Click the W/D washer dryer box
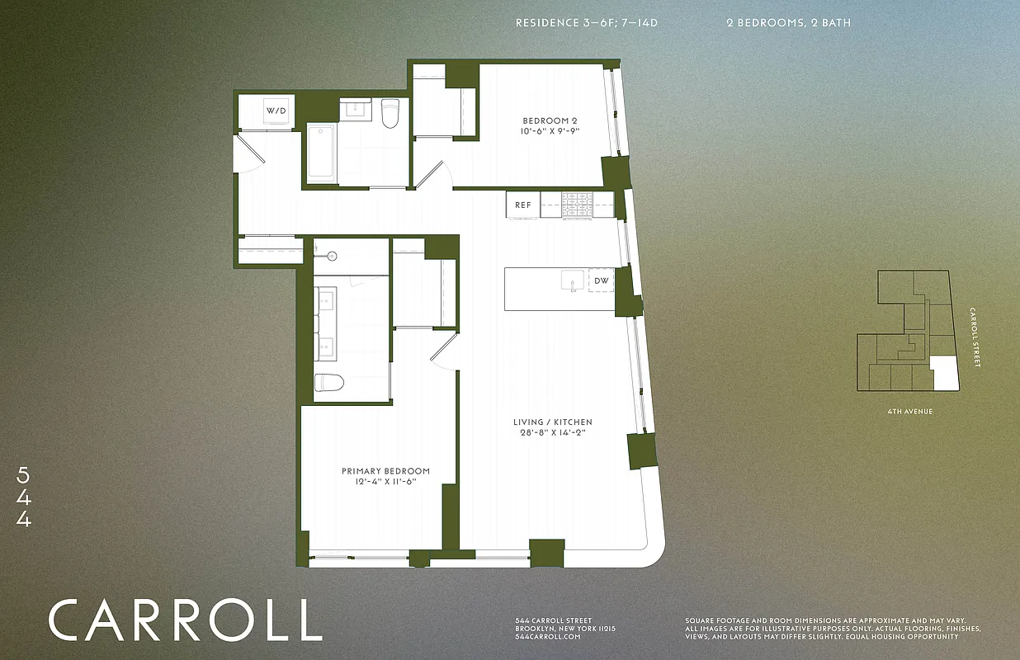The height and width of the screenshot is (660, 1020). [x=276, y=111]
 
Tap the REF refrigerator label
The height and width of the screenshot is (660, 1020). [x=523, y=205]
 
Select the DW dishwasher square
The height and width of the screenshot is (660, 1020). [x=602, y=281]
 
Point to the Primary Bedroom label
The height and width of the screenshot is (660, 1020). [x=385, y=471]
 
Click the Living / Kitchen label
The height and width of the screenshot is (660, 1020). [x=552, y=422]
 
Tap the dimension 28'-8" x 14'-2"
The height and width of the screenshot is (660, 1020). [x=552, y=433]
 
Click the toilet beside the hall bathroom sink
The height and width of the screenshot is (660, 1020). [x=390, y=113]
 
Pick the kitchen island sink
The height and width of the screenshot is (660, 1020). [x=572, y=281]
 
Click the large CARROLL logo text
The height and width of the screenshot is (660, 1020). [x=185, y=620]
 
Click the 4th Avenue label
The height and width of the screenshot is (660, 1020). [x=905, y=411]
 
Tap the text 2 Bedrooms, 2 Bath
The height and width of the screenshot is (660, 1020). [x=788, y=23]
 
